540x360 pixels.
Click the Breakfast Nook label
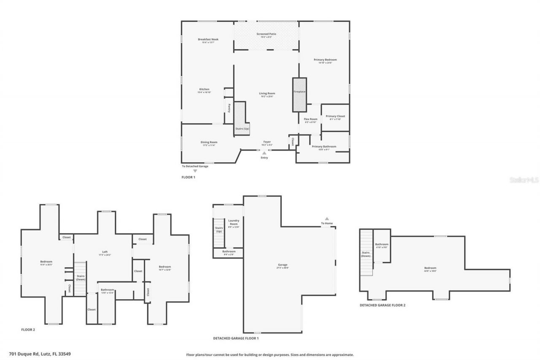tap(208, 39)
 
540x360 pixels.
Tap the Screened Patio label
tap(266, 34)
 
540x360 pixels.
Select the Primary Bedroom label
tap(325, 60)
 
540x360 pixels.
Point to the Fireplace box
tap(300, 95)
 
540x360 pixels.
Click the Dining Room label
tap(208, 142)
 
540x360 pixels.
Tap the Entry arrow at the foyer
tap(265, 153)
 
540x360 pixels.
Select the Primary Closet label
tap(335, 116)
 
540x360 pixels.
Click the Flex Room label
tap(310, 119)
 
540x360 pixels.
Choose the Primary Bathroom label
tap(324, 146)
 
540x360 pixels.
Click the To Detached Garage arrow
tap(195, 171)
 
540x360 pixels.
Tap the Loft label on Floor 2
tap(104, 252)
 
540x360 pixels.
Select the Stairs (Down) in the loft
tap(80, 278)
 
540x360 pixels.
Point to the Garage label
tap(283, 265)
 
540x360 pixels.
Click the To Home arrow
tap(327, 219)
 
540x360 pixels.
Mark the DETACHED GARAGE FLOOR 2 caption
tap(382, 305)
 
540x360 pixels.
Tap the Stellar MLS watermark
tap(524, 179)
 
